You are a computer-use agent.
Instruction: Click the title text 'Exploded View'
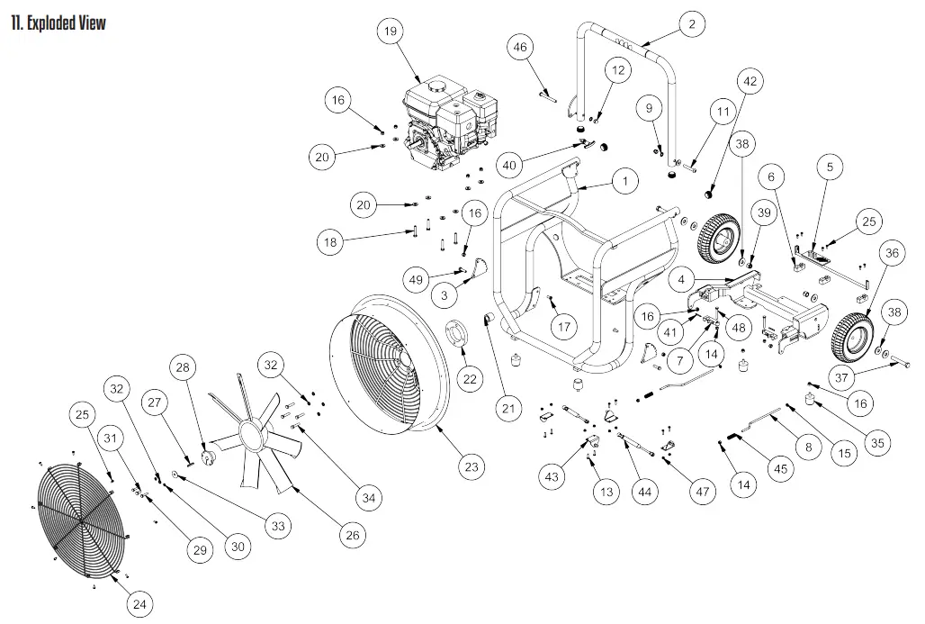click(x=58, y=23)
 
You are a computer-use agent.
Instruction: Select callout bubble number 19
click(x=389, y=32)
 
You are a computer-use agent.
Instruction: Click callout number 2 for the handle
click(x=691, y=24)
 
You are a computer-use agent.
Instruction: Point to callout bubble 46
click(x=520, y=47)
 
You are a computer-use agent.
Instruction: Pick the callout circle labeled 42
click(x=750, y=81)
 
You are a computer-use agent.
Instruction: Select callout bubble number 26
click(x=353, y=535)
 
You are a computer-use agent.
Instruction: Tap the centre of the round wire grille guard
click(x=81, y=520)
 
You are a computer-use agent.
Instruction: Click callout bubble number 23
click(x=471, y=466)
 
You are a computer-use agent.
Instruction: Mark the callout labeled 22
click(x=470, y=379)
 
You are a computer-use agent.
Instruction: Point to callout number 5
click(x=830, y=166)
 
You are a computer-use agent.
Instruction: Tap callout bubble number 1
click(x=624, y=182)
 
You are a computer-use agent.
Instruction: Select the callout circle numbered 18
click(x=329, y=241)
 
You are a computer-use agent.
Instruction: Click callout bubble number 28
click(x=184, y=367)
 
